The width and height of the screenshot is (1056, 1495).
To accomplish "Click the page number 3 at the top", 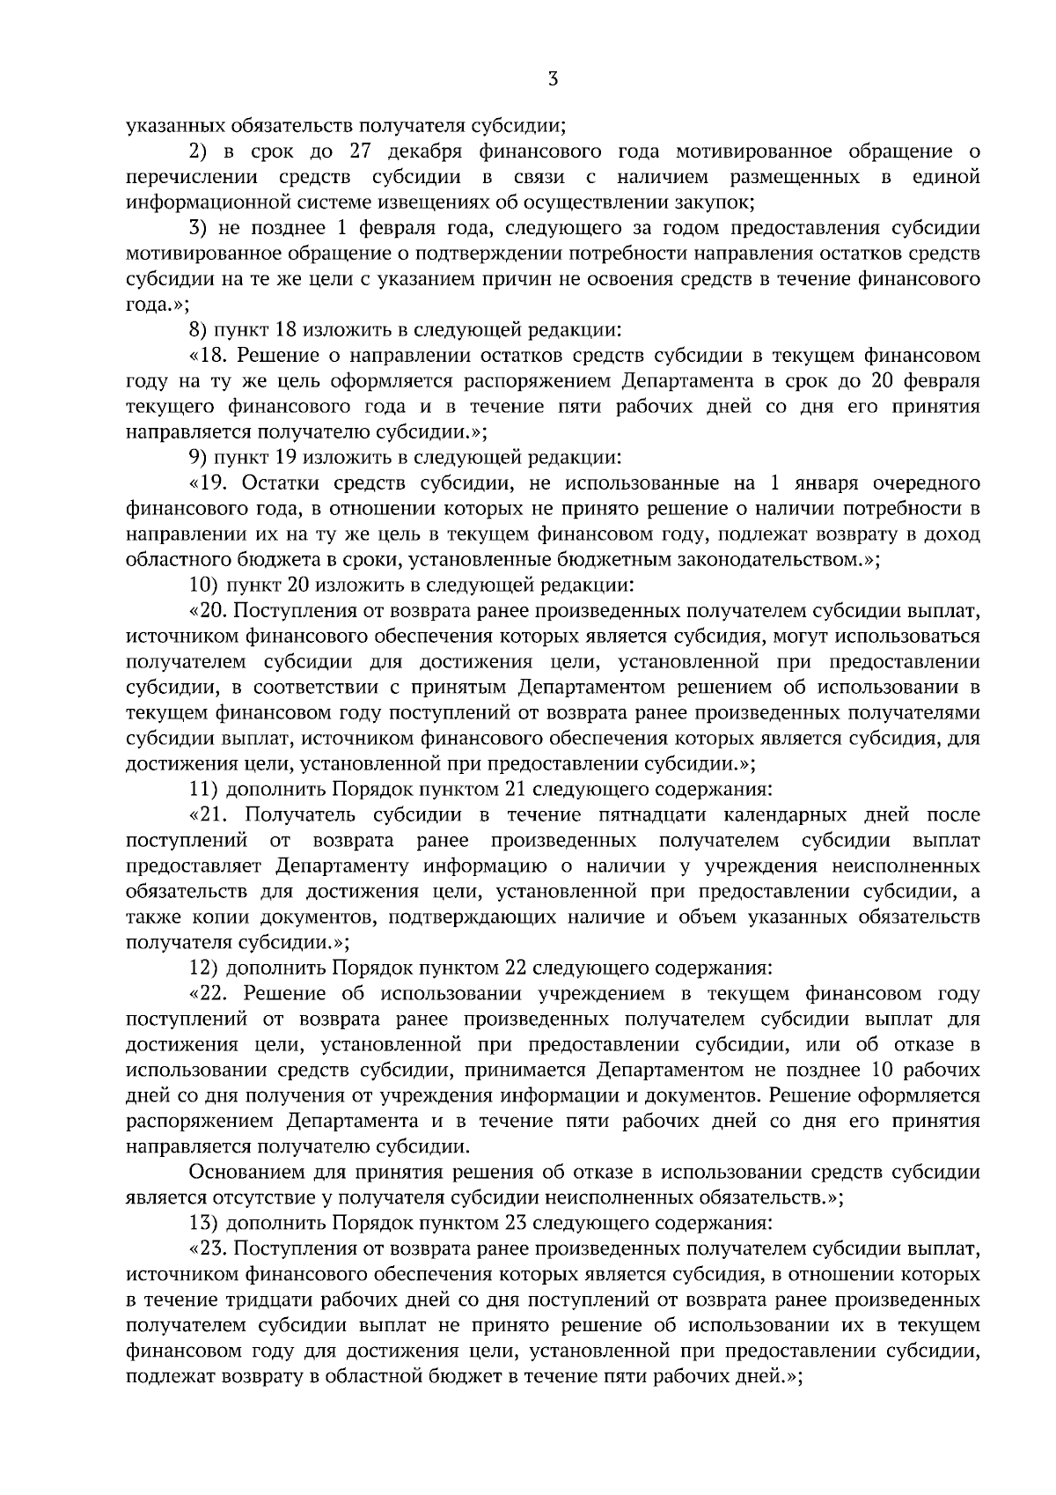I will coord(552,79).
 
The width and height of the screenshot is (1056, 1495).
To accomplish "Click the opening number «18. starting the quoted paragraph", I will coord(209,357).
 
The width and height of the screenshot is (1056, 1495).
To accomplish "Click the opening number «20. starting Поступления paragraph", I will coord(209,610).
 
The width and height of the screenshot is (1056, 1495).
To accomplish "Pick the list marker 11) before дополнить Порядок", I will coord(204,788).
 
